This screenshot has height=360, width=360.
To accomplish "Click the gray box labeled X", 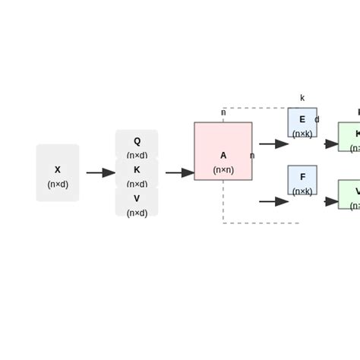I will click(x=58, y=173).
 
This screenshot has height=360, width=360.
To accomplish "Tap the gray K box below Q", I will click(x=137, y=173).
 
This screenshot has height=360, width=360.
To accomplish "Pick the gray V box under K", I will click(x=137, y=202).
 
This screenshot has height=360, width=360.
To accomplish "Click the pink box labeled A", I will click(x=223, y=151).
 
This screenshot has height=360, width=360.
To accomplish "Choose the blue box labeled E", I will click(x=302, y=122).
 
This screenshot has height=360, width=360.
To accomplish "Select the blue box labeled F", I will click(x=302, y=180).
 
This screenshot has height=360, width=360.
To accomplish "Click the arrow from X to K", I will click(x=100, y=173).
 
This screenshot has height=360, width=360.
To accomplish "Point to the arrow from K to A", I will click(x=180, y=173).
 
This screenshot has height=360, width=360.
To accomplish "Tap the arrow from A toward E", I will click(x=273, y=144).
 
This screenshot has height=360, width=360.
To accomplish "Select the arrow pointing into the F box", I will click(x=273, y=201).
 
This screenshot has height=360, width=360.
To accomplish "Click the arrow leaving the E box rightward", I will click(x=330, y=144).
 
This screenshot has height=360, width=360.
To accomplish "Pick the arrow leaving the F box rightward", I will click(x=330, y=201).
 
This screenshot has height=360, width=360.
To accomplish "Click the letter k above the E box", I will click(x=302, y=98).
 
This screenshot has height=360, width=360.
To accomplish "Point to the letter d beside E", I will click(x=317, y=119).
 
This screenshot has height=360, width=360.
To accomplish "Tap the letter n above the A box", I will click(x=223, y=112).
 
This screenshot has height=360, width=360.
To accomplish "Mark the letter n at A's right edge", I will click(x=252, y=156).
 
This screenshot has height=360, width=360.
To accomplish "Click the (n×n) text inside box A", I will click(x=223, y=170).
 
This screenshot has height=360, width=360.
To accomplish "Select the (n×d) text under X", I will click(x=58, y=184).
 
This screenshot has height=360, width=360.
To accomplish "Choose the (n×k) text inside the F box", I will click(x=302, y=191).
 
